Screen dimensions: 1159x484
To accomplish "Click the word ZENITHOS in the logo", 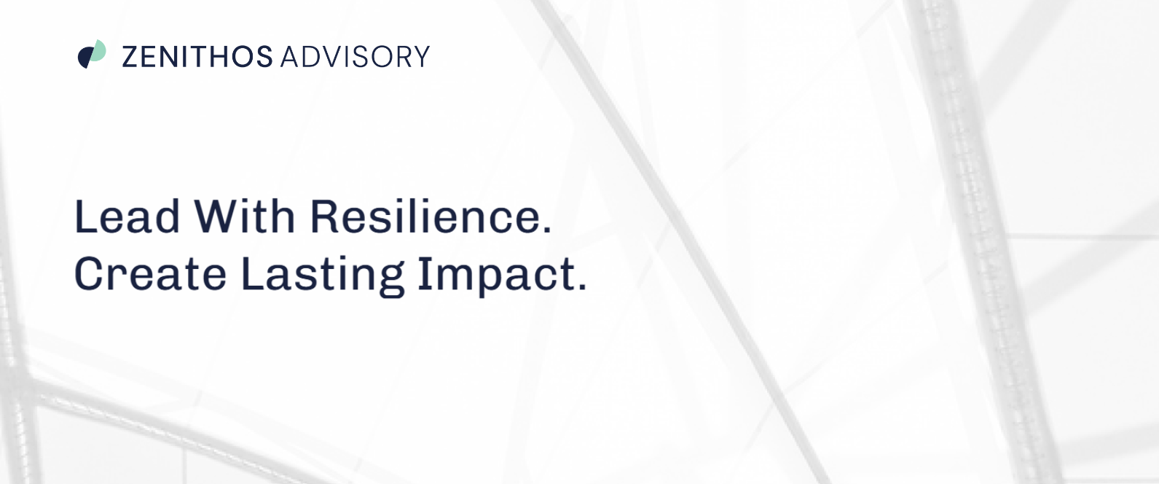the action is [x=197, y=56].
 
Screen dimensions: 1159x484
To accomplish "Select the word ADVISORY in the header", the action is [x=355, y=56].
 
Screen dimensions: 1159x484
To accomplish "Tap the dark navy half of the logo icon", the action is [x=84, y=57].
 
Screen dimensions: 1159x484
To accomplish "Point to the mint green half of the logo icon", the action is [x=98, y=52].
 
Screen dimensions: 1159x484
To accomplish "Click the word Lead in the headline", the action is [x=127, y=216].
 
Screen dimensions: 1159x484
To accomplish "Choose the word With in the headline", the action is [x=244, y=216].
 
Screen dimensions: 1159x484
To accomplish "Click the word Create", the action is [x=151, y=273].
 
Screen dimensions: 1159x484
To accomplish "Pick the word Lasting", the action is [x=322, y=276].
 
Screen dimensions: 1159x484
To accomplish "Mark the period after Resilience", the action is [x=547, y=230].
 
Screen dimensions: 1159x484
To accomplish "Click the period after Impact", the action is [x=582, y=286].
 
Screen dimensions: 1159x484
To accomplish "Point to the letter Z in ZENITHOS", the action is [x=130, y=56].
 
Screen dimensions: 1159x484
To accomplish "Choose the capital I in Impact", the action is [x=424, y=273].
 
